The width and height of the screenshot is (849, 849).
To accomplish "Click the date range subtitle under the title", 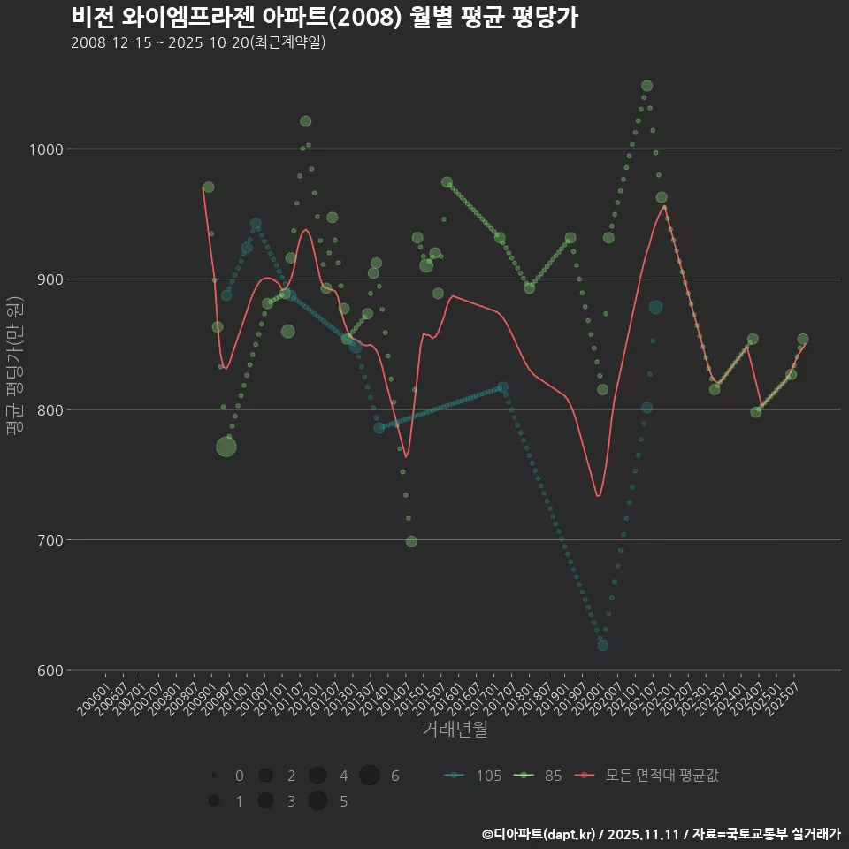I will pyautogui.click(x=198, y=42).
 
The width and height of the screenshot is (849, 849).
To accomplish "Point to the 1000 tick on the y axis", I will pyautogui.click(x=46, y=149).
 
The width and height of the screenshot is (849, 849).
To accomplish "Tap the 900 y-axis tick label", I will pyautogui.click(x=50, y=279).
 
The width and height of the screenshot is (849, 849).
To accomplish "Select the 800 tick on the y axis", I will pyautogui.click(x=50, y=409).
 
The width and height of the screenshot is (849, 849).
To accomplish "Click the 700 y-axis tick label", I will pyautogui.click(x=50, y=540).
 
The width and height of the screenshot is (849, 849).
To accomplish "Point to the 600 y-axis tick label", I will pyautogui.click(x=50, y=670).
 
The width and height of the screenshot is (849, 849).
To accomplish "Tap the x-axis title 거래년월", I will pyautogui.click(x=455, y=730).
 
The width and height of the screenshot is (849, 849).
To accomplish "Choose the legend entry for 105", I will pyautogui.click(x=472, y=776).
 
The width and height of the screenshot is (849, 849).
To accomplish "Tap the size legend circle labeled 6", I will pyautogui.click(x=370, y=776).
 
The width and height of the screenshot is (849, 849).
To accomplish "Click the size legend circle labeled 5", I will pyautogui.click(x=318, y=801).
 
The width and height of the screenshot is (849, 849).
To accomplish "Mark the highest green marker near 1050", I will pyautogui.click(x=646, y=86).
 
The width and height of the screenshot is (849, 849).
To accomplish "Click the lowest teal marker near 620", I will pyautogui.click(x=602, y=645).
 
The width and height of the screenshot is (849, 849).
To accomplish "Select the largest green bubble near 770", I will pyautogui.click(x=226, y=447).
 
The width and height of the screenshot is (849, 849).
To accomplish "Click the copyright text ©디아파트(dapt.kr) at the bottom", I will pyautogui.click(x=540, y=834).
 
